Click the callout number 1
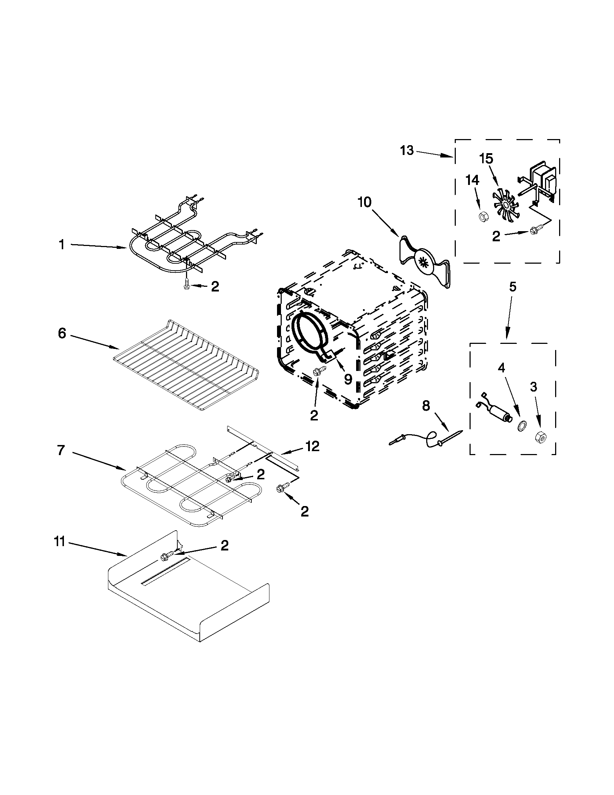pos(62,245)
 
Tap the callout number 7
pos(61,450)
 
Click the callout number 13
pos(407,150)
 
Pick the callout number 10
pos(364,202)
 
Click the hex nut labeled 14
pos(483,217)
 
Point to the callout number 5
pos(512,287)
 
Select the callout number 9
pos(348,379)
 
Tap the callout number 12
pos(313,446)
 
